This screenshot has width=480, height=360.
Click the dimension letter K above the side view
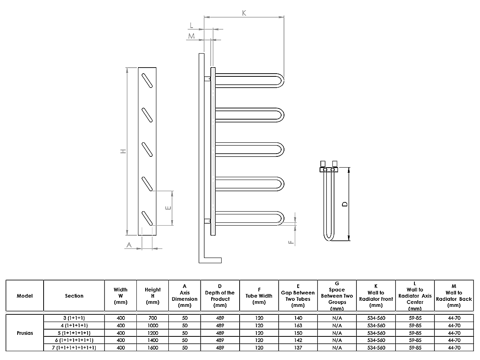point(244,13)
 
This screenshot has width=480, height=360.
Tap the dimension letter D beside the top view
point(344,204)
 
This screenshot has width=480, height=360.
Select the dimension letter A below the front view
point(129,244)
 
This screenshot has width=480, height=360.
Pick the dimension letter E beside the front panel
point(168,208)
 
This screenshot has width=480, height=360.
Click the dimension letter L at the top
point(192,26)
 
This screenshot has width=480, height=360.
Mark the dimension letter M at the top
point(192,36)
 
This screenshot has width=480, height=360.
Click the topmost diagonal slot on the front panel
point(147,80)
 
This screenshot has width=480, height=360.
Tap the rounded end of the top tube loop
point(282,80)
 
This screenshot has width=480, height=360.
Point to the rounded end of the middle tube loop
point(282,149)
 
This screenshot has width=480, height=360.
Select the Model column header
point(25,296)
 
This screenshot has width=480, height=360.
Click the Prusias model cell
point(25,333)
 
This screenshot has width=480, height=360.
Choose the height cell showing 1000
point(153,326)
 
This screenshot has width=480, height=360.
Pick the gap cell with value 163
point(298,326)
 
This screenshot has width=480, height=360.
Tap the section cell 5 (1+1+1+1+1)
point(74,333)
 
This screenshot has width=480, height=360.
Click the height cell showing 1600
point(153,348)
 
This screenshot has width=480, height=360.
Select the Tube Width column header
point(259,296)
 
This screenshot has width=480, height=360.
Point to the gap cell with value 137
point(298,348)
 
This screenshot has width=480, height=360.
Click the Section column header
point(74,296)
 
